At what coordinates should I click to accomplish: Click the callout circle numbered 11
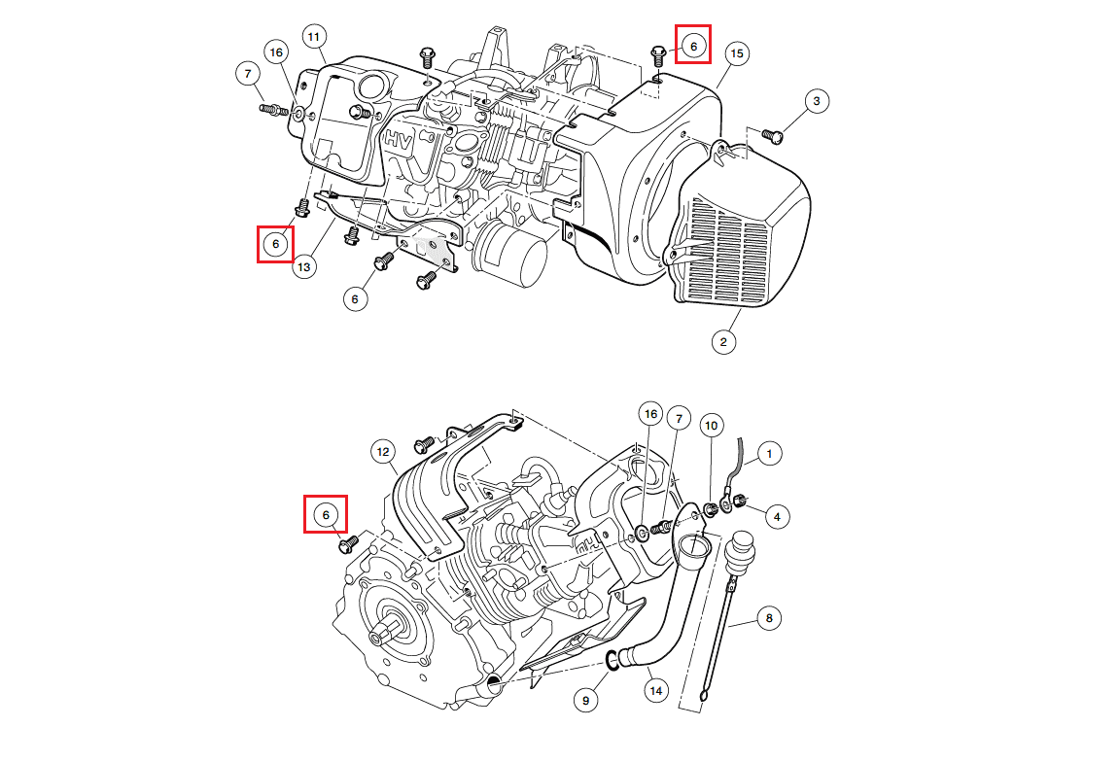coord(313,37)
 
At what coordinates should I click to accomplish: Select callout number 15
coord(736,53)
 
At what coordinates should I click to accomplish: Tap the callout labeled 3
coord(817,100)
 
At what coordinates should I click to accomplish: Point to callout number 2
coord(723,341)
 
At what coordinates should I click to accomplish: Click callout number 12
coord(383,452)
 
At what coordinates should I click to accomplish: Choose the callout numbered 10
coord(712,426)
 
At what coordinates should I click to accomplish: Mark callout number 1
coord(769,453)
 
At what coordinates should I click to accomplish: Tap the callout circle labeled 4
coord(777,516)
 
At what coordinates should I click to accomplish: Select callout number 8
coord(769,617)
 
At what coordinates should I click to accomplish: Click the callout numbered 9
coord(585,699)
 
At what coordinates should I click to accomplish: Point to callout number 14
coord(656,690)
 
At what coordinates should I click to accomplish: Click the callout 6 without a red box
coord(355,299)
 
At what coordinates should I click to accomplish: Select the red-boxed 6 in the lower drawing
coord(327,514)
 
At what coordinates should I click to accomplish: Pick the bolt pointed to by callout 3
coord(773,135)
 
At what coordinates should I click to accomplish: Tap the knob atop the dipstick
coord(742,544)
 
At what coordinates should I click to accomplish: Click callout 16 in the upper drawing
coord(275,52)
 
